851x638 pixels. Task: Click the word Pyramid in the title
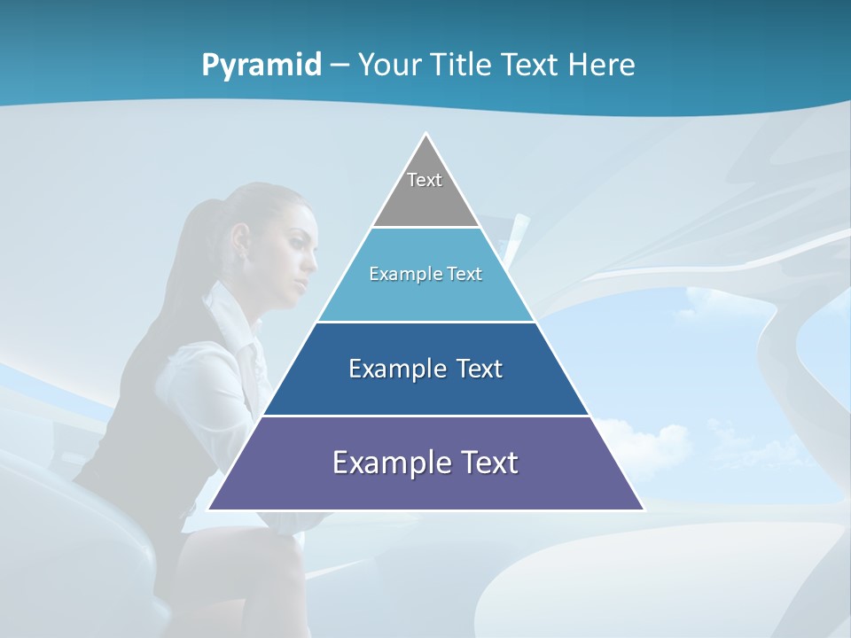pos(262,65)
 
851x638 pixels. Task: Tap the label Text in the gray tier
pos(425,180)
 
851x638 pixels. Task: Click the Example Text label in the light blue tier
pos(425,274)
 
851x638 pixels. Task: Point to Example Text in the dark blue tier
pos(425,369)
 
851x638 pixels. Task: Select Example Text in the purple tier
pos(425,463)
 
